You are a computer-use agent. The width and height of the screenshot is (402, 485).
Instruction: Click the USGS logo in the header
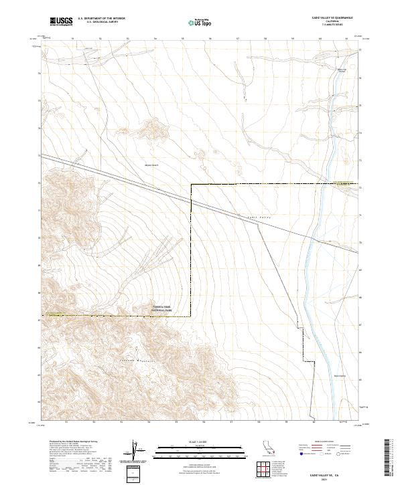(61, 21)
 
